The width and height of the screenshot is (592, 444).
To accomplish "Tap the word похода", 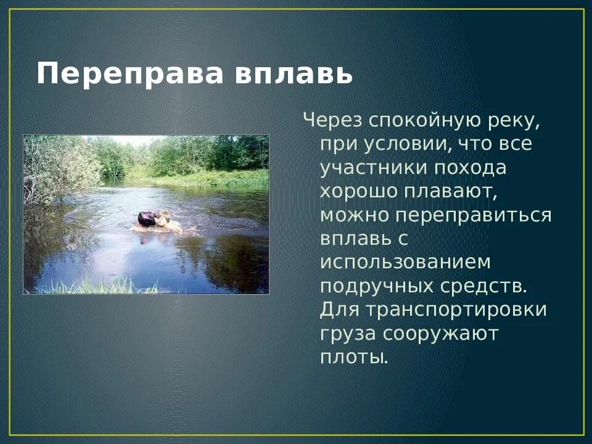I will coord(472,167).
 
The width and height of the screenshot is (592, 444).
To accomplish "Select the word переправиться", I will coord(474,215).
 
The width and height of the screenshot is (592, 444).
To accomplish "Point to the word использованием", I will coord(405,262).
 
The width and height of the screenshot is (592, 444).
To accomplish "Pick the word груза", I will coord(347,334).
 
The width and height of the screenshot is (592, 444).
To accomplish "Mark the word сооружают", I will coord(440,334).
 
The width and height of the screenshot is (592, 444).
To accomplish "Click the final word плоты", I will coord(354,357).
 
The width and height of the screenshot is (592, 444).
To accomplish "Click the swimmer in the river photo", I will coord(157,222).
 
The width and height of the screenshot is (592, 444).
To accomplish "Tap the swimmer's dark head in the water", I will coord(147,218).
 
